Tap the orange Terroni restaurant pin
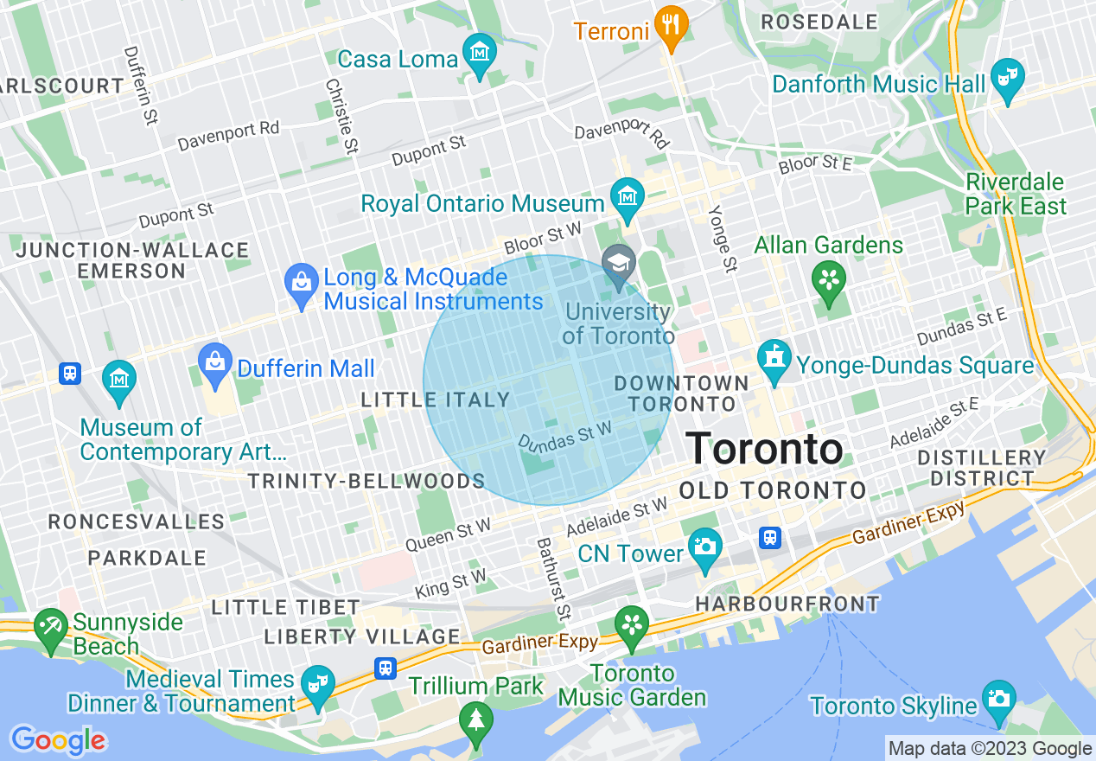(670, 25)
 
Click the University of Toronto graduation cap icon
(618, 264)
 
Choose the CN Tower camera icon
(704, 548)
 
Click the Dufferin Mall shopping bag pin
(213, 362)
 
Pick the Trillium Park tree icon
(475, 719)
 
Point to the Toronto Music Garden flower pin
(631, 625)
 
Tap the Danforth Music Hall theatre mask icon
(1007, 78)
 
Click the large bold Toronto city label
(764, 450)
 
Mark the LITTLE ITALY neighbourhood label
(435, 400)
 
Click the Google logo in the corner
(59, 740)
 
